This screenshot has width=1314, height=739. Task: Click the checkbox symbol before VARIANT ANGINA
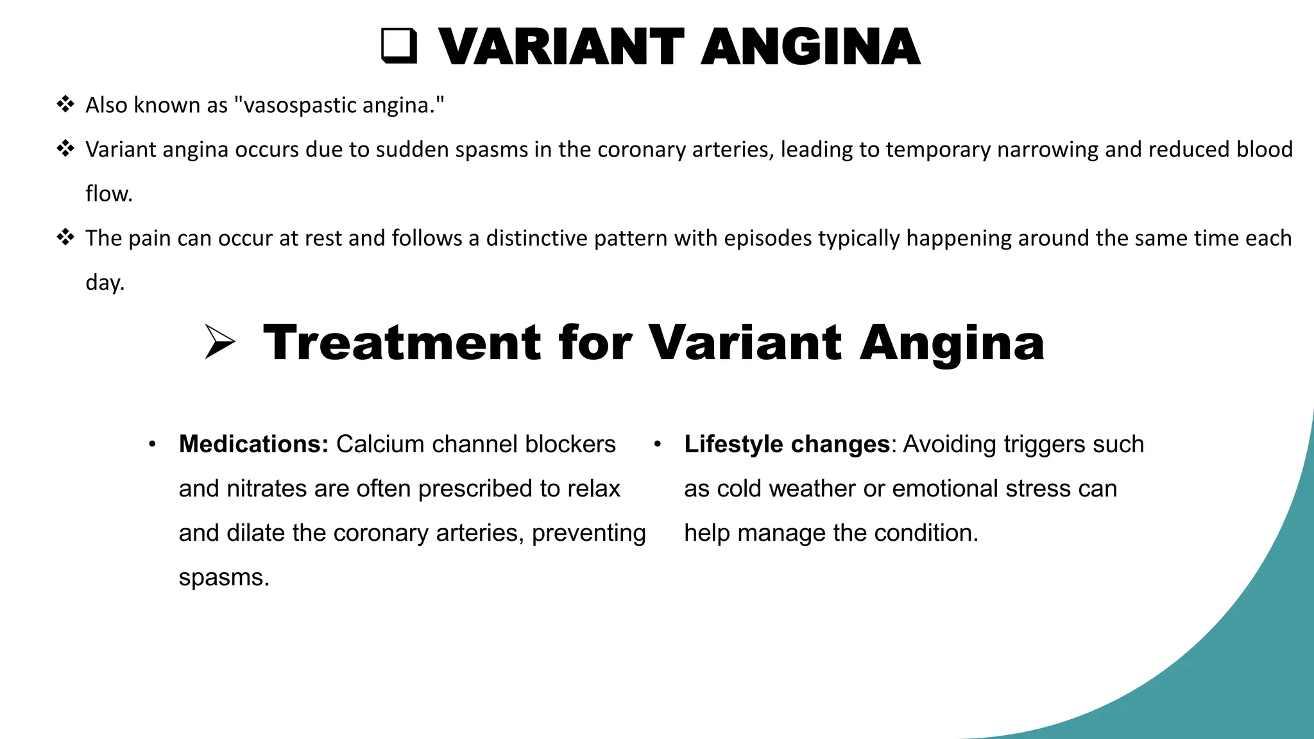[x=399, y=46]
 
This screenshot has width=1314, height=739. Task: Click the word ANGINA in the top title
[x=810, y=47]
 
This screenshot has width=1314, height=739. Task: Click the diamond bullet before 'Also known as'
[x=65, y=104]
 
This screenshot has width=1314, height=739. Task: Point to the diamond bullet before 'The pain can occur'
[x=65, y=237]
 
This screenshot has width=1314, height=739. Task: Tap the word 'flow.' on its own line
[x=109, y=194]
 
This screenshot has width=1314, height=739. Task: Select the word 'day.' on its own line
[x=105, y=282]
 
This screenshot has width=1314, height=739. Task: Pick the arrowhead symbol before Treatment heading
[x=219, y=342]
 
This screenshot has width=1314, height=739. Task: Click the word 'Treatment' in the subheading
[x=402, y=343]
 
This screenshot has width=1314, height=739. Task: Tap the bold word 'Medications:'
[x=253, y=444]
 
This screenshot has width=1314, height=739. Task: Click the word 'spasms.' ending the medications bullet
[x=224, y=577]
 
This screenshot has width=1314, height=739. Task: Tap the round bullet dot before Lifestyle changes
[x=657, y=445]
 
